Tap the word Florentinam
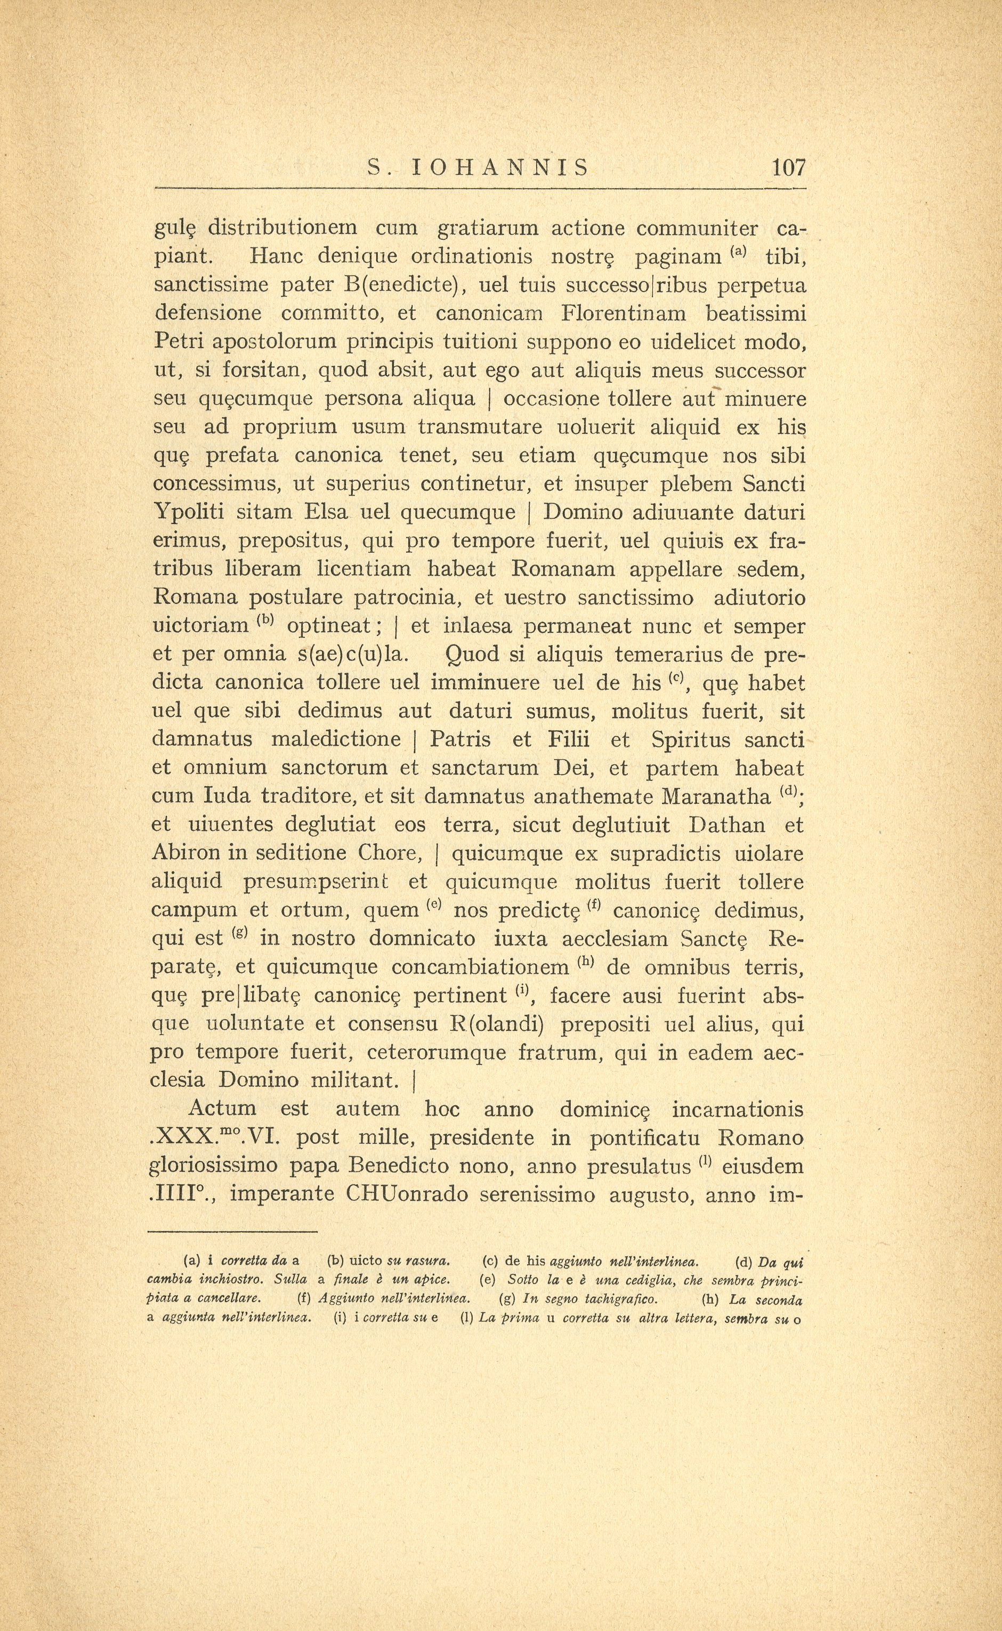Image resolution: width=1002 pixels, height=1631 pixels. tap(626, 313)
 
